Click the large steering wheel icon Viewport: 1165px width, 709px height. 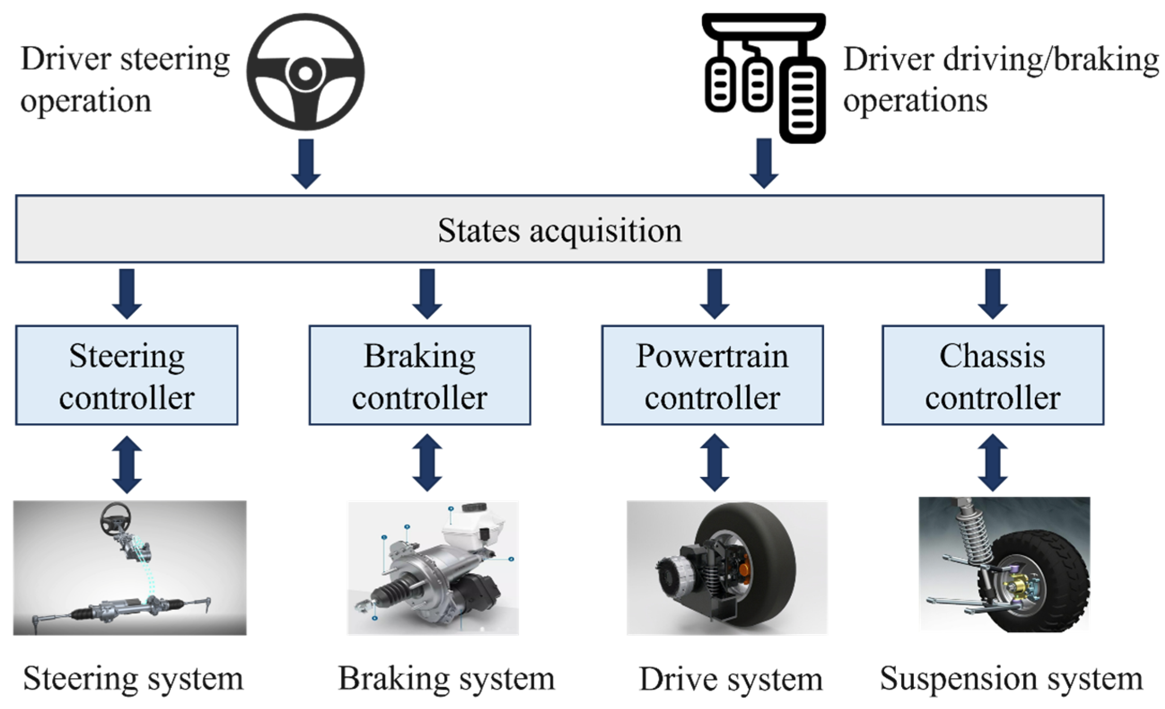[x=305, y=72]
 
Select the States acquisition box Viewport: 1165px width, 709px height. [x=559, y=229]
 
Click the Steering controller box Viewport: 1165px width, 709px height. [x=127, y=375]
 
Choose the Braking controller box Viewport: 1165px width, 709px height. [x=420, y=375]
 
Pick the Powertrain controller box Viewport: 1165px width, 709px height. [x=712, y=375]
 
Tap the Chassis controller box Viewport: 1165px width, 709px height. [x=992, y=375]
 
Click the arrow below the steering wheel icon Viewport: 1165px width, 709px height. [x=306, y=163]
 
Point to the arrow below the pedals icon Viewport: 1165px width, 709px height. [x=764, y=163]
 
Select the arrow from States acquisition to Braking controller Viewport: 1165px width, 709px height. [x=427, y=293]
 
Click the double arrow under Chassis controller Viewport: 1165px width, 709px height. [x=992, y=463]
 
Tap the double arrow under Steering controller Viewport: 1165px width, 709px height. [x=127, y=464]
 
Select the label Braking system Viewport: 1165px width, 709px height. [x=446, y=679]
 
